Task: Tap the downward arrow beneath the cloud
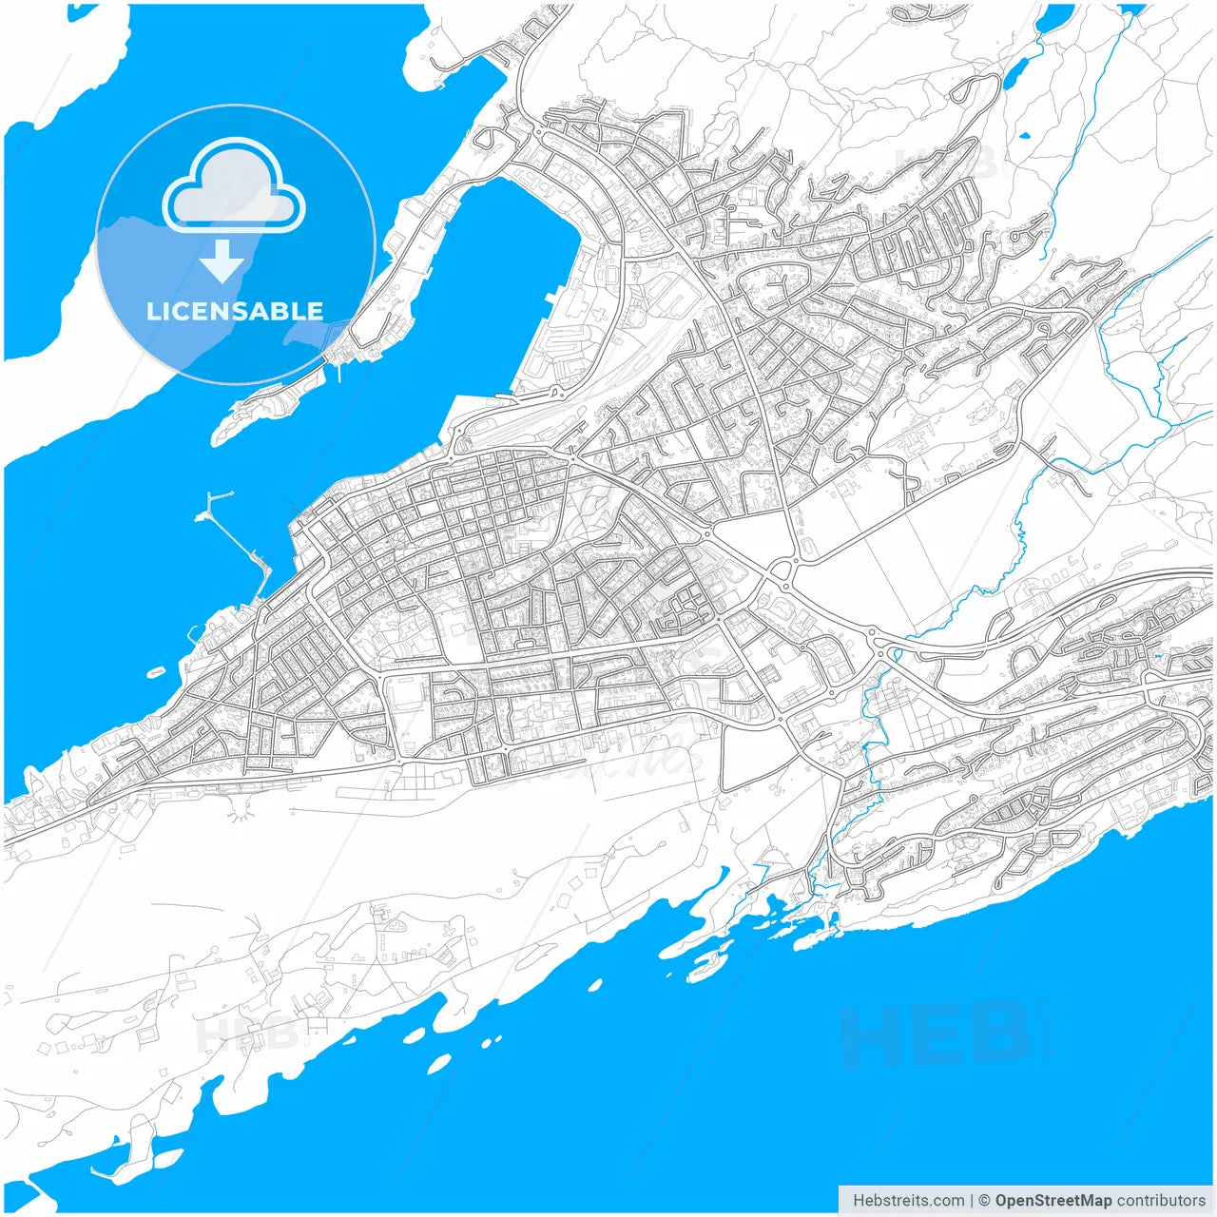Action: [222, 261]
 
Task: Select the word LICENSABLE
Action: [234, 311]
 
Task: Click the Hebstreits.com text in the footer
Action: [908, 1200]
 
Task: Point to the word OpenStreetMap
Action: [1053, 1200]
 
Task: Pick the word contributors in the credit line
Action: [1161, 1200]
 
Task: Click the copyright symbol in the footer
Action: [985, 1200]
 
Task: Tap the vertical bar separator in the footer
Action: [972, 1200]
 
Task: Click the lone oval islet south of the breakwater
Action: [156, 672]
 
